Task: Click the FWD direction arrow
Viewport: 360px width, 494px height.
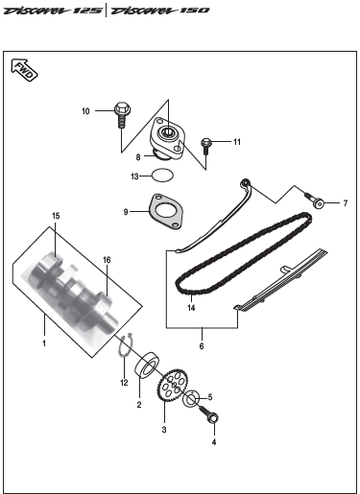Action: point(24,70)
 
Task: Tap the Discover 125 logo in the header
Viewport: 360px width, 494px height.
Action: point(53,11)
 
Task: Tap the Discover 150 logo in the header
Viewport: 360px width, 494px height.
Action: point(160,11)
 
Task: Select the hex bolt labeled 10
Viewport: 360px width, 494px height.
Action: point(122,115)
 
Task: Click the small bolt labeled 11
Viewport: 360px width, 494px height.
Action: point(205,146)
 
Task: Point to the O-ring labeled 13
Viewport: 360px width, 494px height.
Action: point(163,176)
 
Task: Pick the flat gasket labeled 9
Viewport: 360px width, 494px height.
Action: point(165,211)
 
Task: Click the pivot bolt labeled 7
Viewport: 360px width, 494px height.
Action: point(315,200)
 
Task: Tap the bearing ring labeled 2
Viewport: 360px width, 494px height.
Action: point(148,365)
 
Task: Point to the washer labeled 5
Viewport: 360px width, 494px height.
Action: point(191,398)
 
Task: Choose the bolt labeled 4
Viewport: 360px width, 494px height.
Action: point(209,414)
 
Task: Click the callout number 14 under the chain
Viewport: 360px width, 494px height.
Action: point(191,308)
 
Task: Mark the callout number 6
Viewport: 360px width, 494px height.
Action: point(202,346)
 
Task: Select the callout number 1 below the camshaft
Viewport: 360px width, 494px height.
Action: point(44,343)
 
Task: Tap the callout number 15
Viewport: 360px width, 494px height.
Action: point(56,216)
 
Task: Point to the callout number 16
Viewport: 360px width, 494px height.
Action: point(107,260)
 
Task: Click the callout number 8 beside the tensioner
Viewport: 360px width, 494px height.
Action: point(138,157)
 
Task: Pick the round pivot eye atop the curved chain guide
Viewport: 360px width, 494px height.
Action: point(246,183)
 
